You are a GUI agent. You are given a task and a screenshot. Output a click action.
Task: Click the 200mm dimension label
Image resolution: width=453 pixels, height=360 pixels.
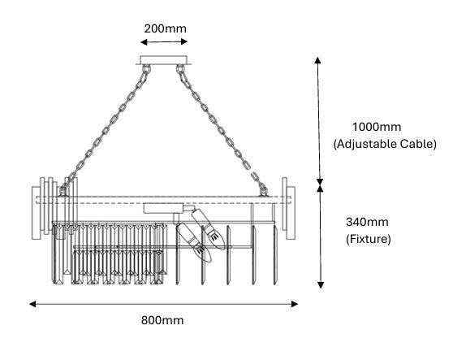(166, 28)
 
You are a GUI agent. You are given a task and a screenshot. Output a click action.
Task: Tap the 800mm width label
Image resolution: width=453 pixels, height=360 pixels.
(162, 320)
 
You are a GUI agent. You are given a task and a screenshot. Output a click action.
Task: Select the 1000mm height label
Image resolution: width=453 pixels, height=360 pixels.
(377, 127)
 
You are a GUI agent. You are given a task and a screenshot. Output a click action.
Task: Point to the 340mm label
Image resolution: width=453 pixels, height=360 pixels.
(367, 222)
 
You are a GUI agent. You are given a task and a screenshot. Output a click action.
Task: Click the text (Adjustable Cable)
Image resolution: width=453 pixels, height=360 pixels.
(385, 144)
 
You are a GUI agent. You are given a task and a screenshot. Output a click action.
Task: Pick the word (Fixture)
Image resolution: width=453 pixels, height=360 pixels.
(369, 239)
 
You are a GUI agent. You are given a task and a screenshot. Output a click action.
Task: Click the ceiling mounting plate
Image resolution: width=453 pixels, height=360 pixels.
(163, 60)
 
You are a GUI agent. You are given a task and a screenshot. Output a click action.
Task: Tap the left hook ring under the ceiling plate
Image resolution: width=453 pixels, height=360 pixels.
(146, 69)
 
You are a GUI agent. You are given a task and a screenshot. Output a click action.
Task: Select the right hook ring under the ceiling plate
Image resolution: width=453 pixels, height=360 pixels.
(180, 69)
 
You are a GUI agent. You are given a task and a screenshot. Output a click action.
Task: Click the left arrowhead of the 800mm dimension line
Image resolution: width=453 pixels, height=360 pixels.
(32, 304)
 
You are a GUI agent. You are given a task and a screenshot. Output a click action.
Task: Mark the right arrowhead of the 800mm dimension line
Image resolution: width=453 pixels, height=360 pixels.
(295, 304)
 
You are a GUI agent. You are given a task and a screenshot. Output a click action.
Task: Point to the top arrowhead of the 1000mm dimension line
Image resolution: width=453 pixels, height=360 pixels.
(317, 60)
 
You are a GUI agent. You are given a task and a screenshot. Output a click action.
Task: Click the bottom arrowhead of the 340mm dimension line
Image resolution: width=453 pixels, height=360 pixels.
(321, 285)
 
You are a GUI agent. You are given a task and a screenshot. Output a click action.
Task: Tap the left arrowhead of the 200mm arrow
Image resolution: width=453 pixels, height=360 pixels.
(144, 42)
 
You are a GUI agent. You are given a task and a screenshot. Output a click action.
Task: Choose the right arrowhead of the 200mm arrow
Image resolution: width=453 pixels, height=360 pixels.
(184, 42)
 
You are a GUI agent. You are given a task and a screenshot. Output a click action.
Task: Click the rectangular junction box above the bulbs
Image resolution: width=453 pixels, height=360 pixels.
(163, 209)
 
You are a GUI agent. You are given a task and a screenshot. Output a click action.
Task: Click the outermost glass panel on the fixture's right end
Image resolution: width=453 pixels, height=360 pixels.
(291, 213)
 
